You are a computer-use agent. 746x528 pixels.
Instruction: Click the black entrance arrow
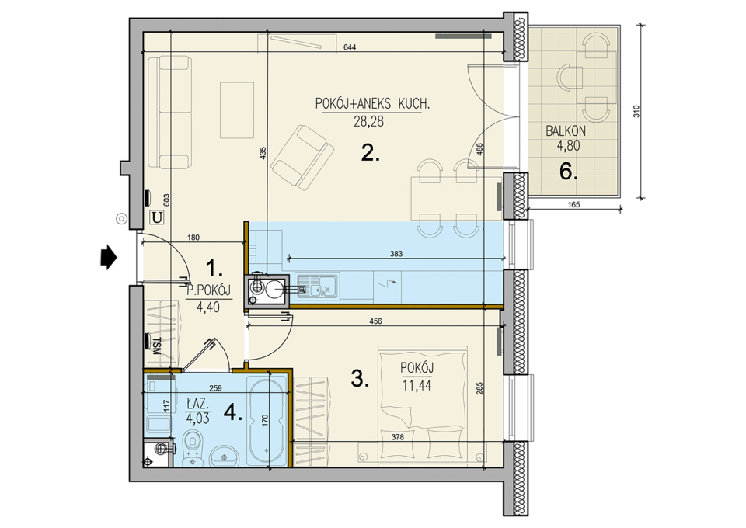[109, 257]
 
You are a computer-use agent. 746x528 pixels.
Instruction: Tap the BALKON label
[565, 130]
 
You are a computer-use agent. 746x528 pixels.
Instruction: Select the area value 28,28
[368, 122]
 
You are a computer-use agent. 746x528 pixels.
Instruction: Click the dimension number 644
[349, 47]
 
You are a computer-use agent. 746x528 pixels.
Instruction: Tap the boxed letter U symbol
[157, 217]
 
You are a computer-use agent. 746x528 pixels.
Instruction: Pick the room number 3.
[359, 379]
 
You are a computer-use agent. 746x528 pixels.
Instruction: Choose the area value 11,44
[417, 385]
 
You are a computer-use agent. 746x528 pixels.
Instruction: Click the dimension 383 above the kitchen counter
[396, 254]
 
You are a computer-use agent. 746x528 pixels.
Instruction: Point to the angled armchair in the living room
[302, 157]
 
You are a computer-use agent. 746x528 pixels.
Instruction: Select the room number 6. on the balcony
[568, 171]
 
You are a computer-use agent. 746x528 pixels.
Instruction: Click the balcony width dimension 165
[573, 205]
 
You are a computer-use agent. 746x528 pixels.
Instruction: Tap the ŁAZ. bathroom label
[197, 405]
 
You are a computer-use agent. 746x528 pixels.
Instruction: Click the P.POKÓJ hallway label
[208, 290]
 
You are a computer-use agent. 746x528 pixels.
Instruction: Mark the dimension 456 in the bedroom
[375, 321]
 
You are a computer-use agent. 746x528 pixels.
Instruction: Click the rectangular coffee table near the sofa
[236, 110]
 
